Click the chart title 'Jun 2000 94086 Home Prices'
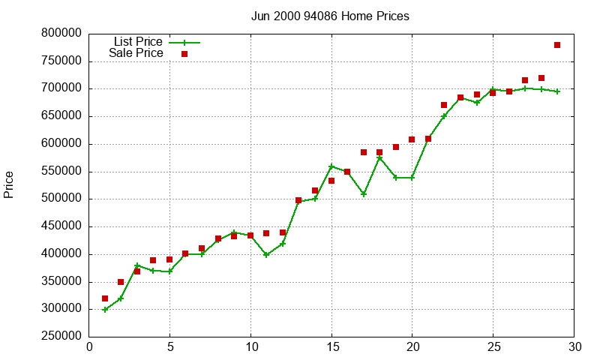point(330,16)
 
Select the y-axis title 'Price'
point(9,184)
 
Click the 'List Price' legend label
point(138,42)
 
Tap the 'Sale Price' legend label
point(136,53)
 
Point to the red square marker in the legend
point(184,54)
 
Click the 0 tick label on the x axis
point(89,346)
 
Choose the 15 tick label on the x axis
point(331,346)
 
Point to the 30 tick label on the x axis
point(574,346)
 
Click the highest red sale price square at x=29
point(557,45)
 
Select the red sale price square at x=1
point(105,298)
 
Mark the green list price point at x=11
point(266,255)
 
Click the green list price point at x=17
point(364,194)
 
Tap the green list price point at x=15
point(331,166)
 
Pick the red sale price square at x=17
point(364,152)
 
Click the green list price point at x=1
point(105,310)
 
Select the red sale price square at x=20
point(412,139)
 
